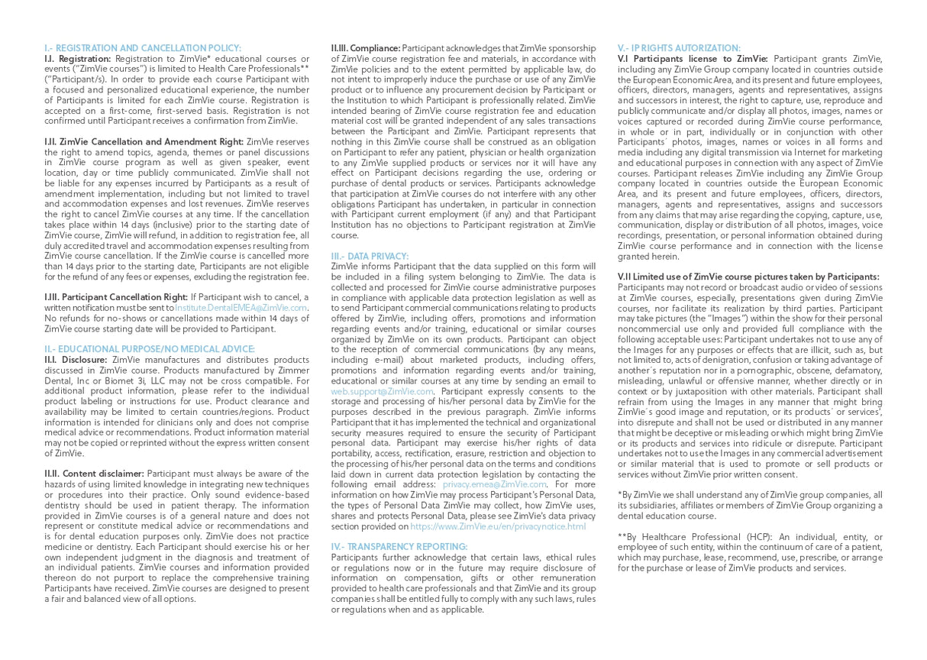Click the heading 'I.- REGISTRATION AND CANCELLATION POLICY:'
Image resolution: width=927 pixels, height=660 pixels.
(x=143, y=48)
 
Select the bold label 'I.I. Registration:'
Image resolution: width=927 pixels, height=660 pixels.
(x=77, y=59)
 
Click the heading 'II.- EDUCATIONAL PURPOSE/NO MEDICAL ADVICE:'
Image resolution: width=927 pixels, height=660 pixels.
(x=150, y=349)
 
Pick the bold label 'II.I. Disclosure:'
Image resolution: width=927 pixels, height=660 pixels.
(x=76, y=360)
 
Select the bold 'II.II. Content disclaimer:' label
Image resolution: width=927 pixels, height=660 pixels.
(x=94, y=474)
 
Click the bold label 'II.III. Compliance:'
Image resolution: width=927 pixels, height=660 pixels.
(x=365, y=48)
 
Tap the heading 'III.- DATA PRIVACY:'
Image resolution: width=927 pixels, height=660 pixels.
(x=370, y=256)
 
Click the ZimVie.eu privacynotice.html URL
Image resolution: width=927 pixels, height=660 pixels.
(x=498, y=526)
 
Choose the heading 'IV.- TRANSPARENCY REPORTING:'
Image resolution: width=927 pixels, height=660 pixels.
(x=399, y=547)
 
